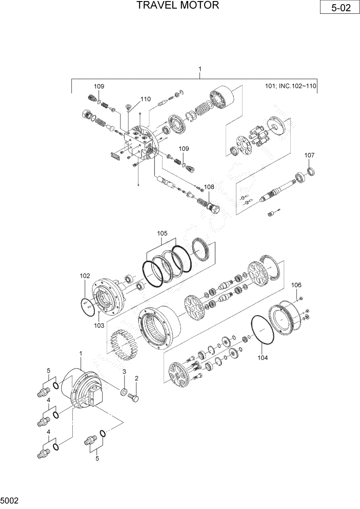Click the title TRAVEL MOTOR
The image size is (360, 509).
(x=177, y=6)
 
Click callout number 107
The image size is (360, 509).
(x=310, y=155)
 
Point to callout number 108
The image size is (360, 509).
(x=209, y=187)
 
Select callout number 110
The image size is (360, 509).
(x=145, y=99)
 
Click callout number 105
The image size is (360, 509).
(x=162, y=233)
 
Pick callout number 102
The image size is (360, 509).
(x=85, y=276)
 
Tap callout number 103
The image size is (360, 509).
(x=99, y=325)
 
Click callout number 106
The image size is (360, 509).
(x=296, y=285)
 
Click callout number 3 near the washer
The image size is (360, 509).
(x=124, y=371)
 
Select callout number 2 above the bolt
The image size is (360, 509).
(x=136, y=379)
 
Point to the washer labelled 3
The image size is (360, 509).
(x=124, y=392)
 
